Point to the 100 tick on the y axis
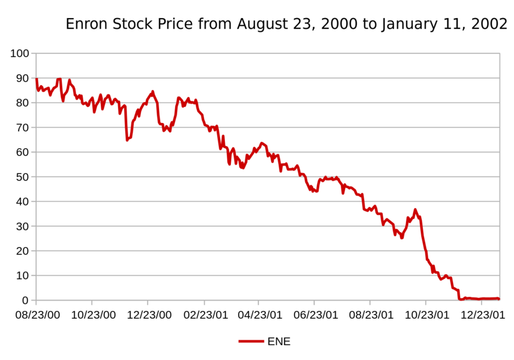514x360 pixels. [20, 53]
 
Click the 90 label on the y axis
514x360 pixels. [22, 78]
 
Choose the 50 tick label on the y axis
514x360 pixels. [22, 177]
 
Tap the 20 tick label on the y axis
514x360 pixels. [22, 251]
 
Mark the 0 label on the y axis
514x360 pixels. [25, 300]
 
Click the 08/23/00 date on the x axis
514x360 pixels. [36, 314]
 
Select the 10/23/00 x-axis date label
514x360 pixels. [92, 314]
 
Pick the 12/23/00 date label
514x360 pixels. [148, 314]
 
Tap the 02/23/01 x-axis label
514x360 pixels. [203, 314]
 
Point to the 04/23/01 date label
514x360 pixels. [258, 314]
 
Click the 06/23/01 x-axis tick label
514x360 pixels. [314, 314]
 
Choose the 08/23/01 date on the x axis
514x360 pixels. [370, 314]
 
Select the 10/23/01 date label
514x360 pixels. [425, 314]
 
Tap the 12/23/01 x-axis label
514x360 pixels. [481, 314]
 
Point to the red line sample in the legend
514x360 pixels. [251, 341]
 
